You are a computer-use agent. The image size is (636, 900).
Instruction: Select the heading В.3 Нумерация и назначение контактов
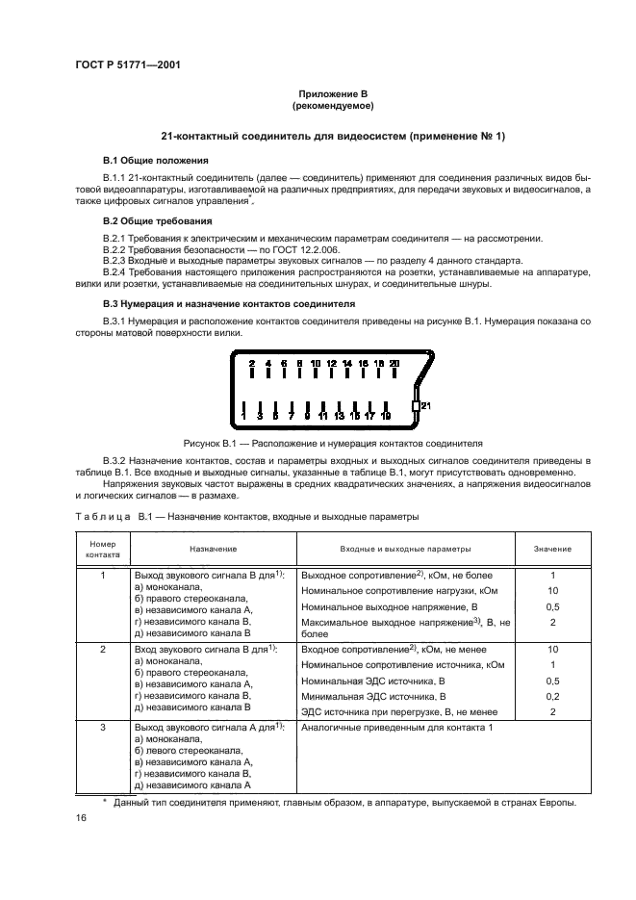229,303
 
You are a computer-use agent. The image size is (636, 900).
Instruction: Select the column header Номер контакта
103,549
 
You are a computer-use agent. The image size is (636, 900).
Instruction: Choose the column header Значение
552,549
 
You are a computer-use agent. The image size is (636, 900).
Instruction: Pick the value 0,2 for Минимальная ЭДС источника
552,695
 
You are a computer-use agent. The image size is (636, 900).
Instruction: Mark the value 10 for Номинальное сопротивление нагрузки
552,590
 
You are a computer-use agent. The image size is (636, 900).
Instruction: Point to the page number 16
82,817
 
